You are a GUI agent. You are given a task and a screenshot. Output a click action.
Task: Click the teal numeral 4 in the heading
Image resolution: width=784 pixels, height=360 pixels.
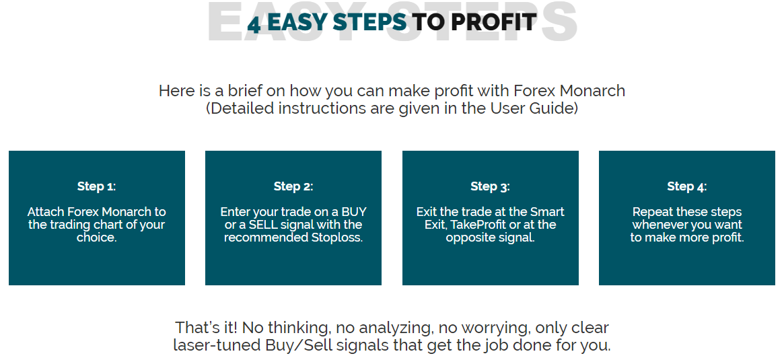pyautogui.click(x=254, y=24)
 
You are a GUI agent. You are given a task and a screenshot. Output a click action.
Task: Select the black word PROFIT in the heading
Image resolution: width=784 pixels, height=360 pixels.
pyautogui.click(x=493, y=22)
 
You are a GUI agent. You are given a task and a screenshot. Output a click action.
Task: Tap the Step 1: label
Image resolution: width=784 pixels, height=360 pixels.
pyautogui.click(x=96, y=187)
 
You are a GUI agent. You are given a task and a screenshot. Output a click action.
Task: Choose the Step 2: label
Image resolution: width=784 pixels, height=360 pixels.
pyautogui.click(x=293, y=187)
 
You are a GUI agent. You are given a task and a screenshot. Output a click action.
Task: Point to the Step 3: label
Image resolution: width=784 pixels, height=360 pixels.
pyautogui.click(x=490, y=187)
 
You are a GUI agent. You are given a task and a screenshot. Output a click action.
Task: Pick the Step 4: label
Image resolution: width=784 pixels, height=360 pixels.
pyautogui.click(x=687, y=187)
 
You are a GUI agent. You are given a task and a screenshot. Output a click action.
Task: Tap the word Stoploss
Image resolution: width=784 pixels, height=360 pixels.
pyautogui.click(x=335, y=238)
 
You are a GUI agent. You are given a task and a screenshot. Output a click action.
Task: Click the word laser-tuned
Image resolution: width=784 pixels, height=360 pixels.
pyautogui.click(x=215, y=345)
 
